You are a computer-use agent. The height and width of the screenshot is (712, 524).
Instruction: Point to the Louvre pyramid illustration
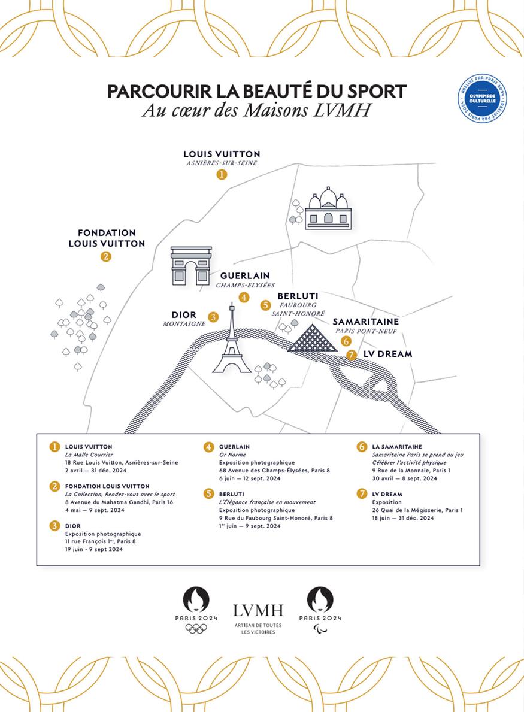pyautogui.click(x=311, y=338)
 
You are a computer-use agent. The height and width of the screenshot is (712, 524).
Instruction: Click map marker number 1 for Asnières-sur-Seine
pyautogui.click(x=222, y=174)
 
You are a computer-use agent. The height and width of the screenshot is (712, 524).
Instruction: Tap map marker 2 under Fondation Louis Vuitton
pyautogui.click(x=106, y=257)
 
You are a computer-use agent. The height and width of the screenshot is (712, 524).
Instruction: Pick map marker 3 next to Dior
pyautogui.click(x=213, y=317)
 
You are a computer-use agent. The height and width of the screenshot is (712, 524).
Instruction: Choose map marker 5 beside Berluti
pyautogui.click(x=266, y=305)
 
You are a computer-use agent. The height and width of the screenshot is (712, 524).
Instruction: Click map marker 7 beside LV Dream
pyautogui.click(x=352, y=355)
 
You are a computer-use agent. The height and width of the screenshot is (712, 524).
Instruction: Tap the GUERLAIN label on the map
pyautogui.click(x=245, y=275)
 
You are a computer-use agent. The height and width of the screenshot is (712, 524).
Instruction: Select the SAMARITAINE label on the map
pyautogui.click(x=366, y=322)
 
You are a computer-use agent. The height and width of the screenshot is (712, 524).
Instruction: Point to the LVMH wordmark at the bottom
pyautogui.click(x=258, y=611)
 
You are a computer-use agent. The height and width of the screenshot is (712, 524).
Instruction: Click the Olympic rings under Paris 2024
pyautogui.click(x=196, y=628)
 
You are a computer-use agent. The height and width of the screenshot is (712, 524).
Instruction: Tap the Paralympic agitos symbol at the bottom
pyautogui.click(x=320, y=628)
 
